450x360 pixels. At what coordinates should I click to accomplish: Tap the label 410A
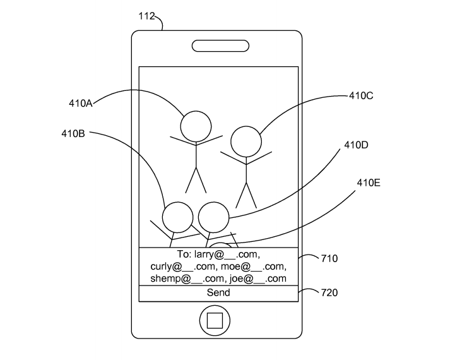click(x=81, y=104)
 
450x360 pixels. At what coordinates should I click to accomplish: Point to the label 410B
click(x=73, y=133)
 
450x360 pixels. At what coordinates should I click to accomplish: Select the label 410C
click(x=361, y=96)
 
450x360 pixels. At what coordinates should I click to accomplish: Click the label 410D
click(x=356, y=145)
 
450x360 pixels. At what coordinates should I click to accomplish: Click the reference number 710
click(x=329, y=259)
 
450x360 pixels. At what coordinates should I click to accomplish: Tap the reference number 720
click(x=329, y=292)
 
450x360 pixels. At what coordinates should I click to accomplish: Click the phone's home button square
click(x=215, y=321)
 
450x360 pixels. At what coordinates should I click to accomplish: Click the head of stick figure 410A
click(x=196, y=126)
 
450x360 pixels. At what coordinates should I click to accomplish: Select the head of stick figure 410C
click(x=246, y=142)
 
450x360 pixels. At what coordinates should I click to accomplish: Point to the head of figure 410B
click(x=177, y=217)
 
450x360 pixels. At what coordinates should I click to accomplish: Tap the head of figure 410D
click(x=213, y=217)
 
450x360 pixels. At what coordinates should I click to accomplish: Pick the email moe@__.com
click(x=257, y=267)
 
